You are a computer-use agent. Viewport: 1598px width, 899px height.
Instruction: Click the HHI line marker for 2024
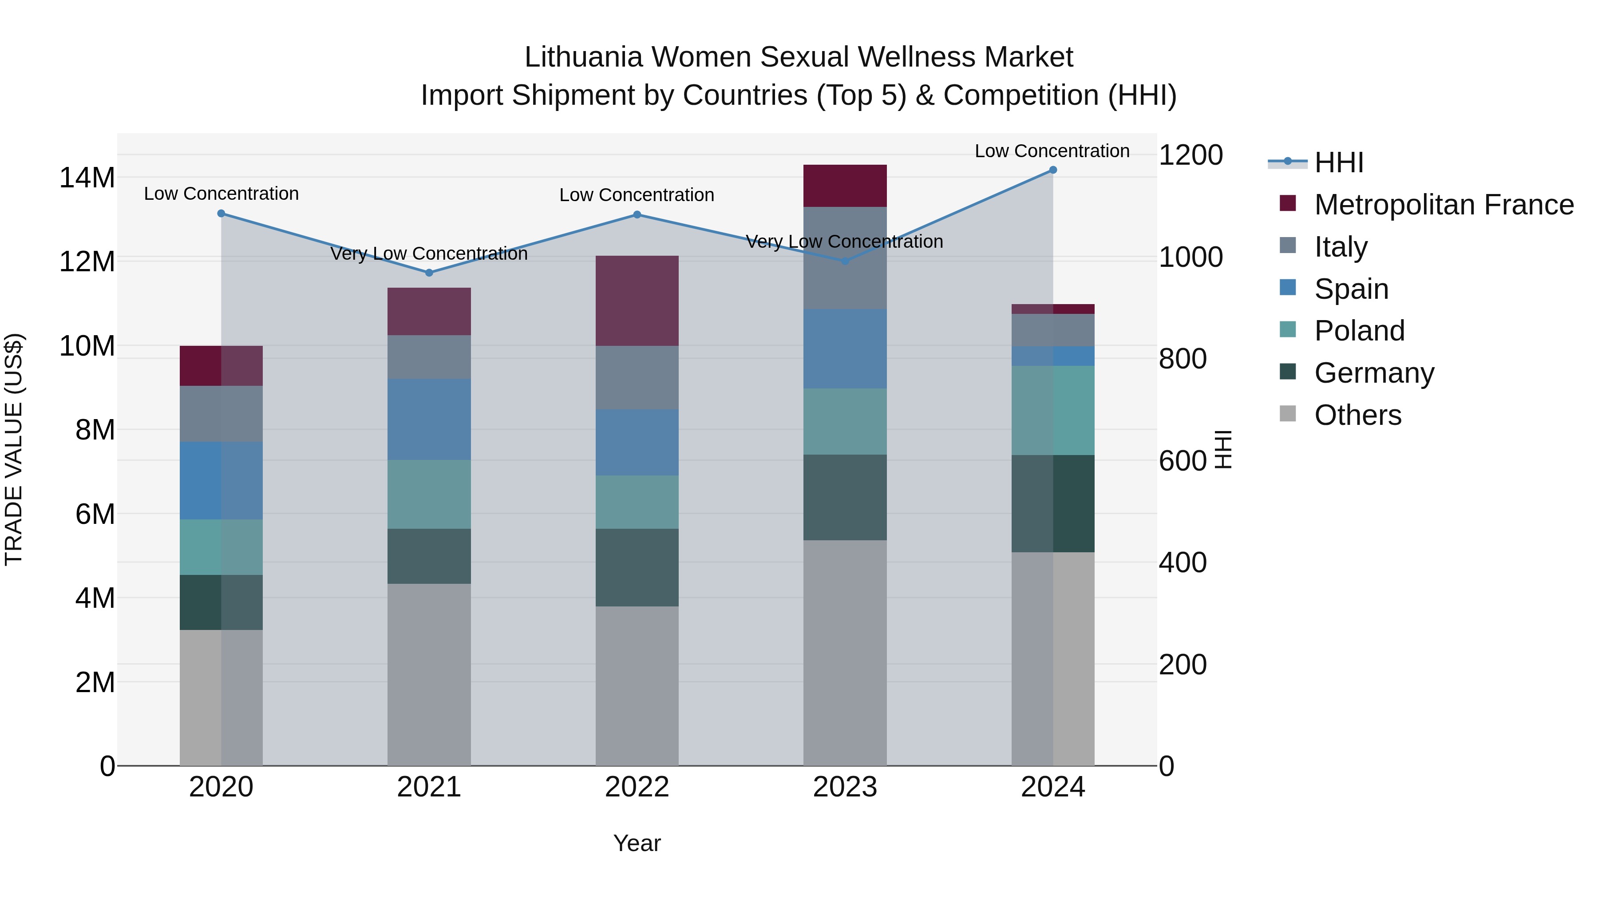tap(1053, 170)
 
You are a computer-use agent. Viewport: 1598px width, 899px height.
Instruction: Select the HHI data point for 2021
tap(429, 273)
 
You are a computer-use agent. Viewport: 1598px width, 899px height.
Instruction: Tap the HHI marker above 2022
tap(637, 215)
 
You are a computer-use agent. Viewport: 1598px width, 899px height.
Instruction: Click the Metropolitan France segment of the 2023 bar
tap(845, 186)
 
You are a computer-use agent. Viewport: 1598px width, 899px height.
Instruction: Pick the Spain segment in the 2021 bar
tap(429, 420)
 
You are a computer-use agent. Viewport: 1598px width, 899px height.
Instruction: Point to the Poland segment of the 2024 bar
tap(1053, 410)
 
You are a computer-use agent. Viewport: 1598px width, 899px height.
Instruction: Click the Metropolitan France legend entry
tap(1443, 205)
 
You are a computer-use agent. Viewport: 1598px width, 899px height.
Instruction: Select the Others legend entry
tap(1357, 415)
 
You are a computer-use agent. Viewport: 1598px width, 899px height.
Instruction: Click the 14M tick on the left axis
tap(87, 178)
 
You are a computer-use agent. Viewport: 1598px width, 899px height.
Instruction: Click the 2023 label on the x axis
tap(845, 787)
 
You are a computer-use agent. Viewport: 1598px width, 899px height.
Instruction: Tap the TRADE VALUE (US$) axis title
tap(14, 449)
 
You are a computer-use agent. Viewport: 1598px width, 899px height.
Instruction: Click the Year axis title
tap(637, 843)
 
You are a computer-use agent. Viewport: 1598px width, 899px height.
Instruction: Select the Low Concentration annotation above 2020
tap(222, 194)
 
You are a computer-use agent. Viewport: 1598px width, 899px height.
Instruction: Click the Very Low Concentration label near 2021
tap(429, 254)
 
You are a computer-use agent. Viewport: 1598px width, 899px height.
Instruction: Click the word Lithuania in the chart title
tap(583, 57)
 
